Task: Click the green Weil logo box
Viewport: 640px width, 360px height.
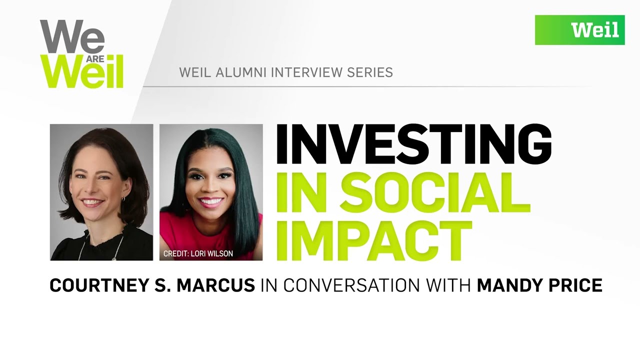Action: pyautogui.click(x=579, y=30)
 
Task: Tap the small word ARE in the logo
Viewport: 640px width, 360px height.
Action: pyautogui.click(x=95, y=59)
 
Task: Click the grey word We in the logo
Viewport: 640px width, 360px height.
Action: pyautogui.click(x=72, y=36)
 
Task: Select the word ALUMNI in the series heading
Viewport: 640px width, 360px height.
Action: pyautogui.click(x=241, y=72)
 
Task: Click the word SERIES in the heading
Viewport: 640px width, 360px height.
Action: pyautogui.click(x=370, y=72)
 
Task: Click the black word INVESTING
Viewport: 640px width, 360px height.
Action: pyautogui.click(x=413, y=144)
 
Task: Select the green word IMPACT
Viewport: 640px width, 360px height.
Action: pyautogui.click(x=374, y=240)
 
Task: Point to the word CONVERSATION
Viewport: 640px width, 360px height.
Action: pyautogui.click(x=351, y=285)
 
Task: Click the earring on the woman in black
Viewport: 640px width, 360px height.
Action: pyautogui.click(x=123, y=198)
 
